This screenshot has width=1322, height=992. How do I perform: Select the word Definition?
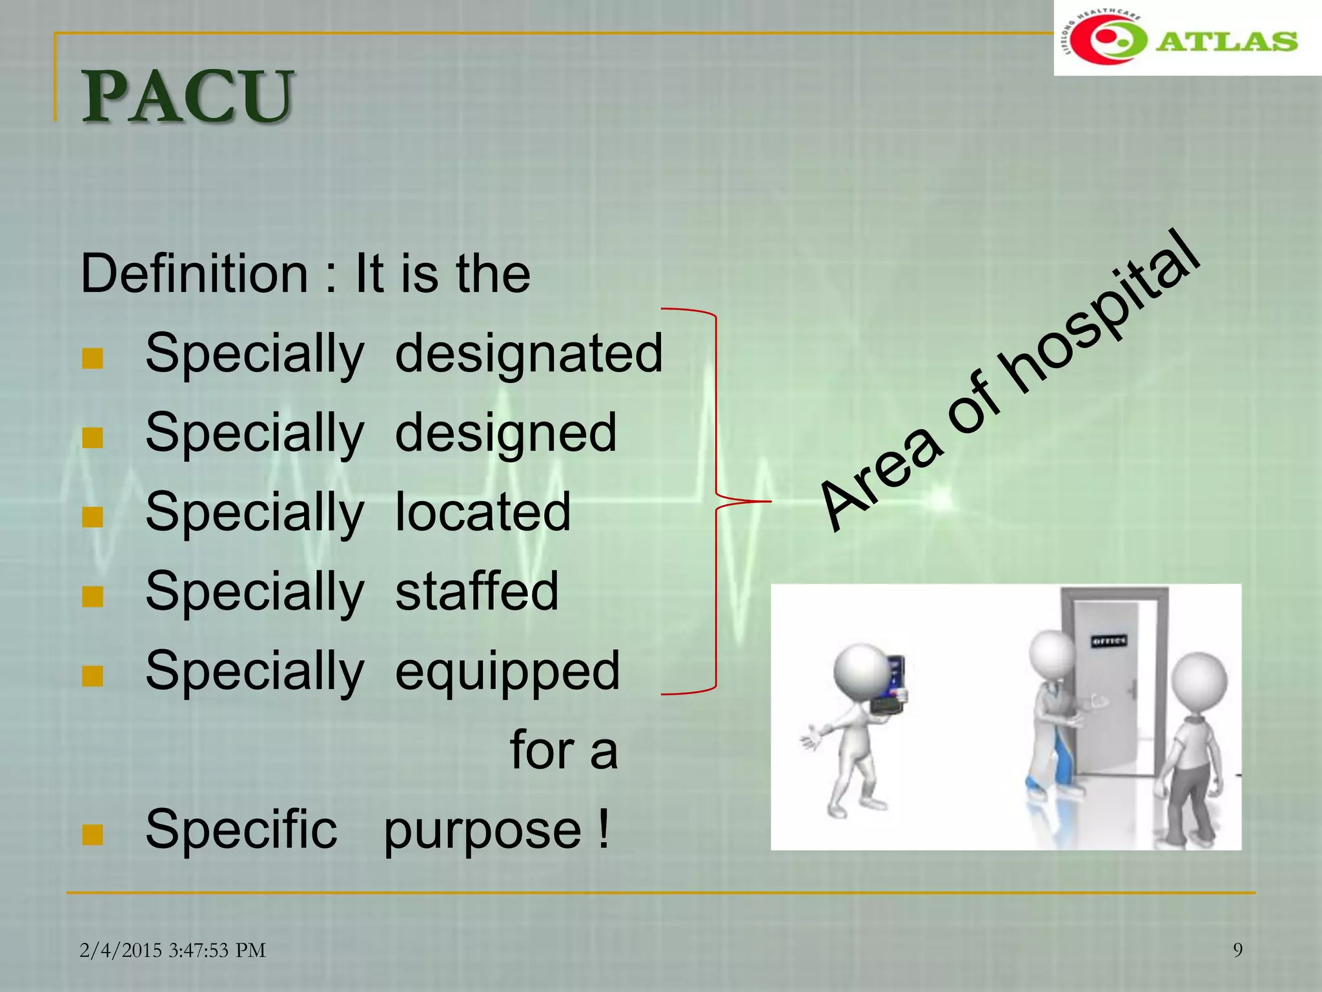tap(194, 274)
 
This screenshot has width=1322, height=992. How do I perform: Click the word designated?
tap(529, 353)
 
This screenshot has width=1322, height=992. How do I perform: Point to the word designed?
tap(505, 433)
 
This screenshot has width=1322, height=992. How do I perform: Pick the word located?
tap(483, 512)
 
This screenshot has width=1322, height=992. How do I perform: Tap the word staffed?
tap(476, 591)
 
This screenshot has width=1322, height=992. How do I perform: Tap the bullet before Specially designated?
tap(93, 358)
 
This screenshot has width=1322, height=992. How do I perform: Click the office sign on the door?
tap(1109, 641)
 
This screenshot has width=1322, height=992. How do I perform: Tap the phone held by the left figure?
tap(892, 685)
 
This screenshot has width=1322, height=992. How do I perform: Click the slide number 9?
tap(1237, 950)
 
